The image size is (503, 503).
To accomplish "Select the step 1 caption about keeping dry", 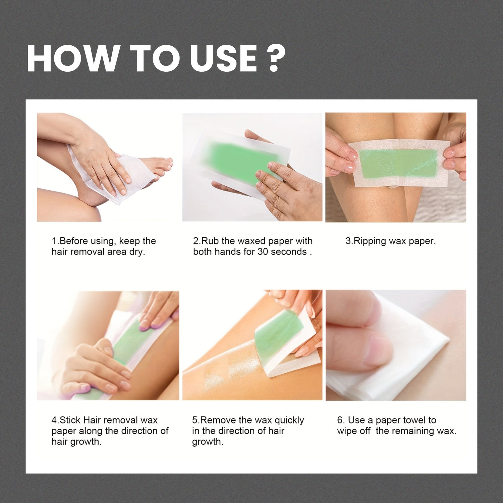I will (x=103, y=246).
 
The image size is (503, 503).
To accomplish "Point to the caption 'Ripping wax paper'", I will (x=391, y=241).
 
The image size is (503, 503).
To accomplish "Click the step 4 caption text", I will (x=110, y=431).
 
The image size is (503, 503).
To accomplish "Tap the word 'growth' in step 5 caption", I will (x=207, y=442).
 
